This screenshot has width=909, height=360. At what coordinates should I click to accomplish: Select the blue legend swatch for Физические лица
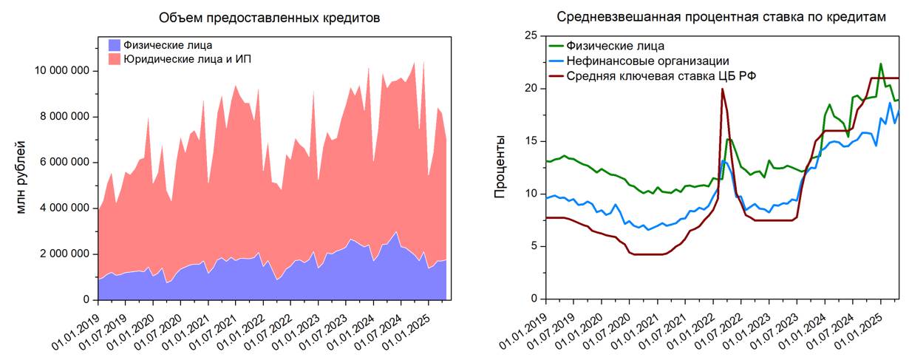tap(114, 45)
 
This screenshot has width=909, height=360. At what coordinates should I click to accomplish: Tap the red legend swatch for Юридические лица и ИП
tap(114, 58)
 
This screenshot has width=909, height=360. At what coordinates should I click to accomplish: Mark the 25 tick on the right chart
tap(529, 35)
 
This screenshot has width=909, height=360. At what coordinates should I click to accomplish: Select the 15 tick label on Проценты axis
tap(529, 141)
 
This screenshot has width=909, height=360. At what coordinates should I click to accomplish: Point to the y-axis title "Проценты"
tap(500, 167)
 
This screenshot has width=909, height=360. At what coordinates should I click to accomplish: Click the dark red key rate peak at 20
tap(722, 89)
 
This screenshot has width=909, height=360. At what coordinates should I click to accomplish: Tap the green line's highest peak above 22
tap(881, 64)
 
